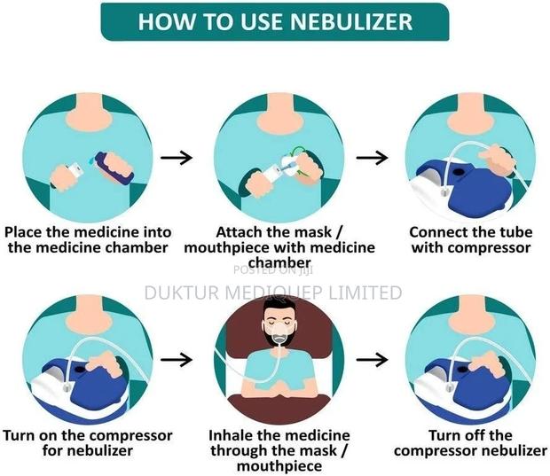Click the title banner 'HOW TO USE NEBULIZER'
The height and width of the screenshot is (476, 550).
click(274, 22)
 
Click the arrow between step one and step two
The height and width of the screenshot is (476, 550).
click(181, 158)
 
